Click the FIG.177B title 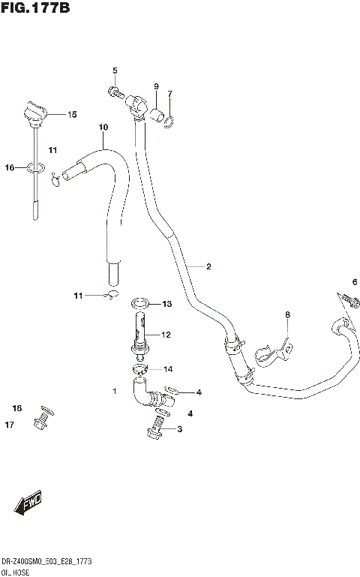tap(36, 8)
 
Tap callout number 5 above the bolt tap(115, 71)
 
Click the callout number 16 tap(10, 167)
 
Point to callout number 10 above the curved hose tap(103, 127)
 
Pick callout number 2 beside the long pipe tap(208, 266)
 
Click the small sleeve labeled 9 tap(157, 115)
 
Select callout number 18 tap(16, 408)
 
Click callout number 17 tap(10, 425)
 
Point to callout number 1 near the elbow tap(114, 391)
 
